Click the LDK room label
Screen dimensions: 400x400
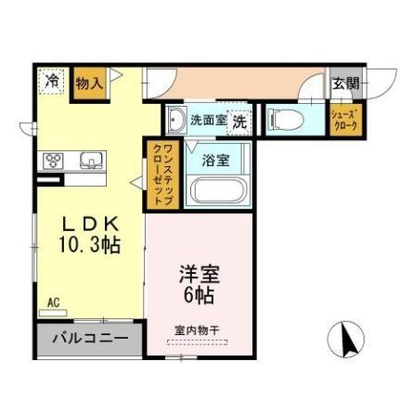[90, 224]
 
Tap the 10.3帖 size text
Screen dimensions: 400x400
[90, 244]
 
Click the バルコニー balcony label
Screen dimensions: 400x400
[90, 338]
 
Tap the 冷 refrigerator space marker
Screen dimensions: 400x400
[52, 82]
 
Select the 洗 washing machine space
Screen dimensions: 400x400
[239, 120]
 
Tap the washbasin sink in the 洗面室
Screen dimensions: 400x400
[176, 120]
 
